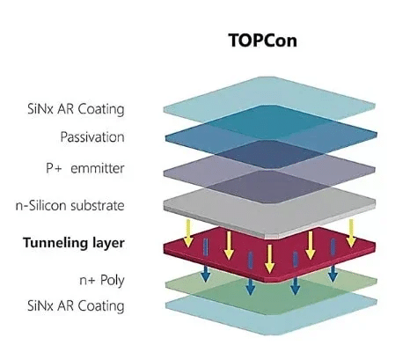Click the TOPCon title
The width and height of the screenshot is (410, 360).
tap(263, 40)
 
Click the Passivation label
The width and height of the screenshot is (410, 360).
tap(92, 137)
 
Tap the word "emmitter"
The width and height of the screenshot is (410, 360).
tap(98, 168)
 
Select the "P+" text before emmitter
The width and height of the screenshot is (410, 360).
tap(54, 168)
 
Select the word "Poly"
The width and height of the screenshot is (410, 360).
tap(113, 280)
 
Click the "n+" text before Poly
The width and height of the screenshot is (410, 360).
tap(87, 281)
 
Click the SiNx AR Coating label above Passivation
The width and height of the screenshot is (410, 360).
tap(76, 109)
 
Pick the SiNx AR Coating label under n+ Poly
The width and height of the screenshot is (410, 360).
tap(76, 305)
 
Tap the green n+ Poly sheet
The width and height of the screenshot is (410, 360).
tap(271, 289)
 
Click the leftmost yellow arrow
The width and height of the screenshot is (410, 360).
tap(188, 233)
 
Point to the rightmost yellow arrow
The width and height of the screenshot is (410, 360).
tap(351, 233)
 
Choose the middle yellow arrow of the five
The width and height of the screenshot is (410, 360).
tap(269, 259)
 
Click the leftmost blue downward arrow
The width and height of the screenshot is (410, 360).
tap(205, 273)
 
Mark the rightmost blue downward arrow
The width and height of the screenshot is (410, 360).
tap(333, 274)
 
